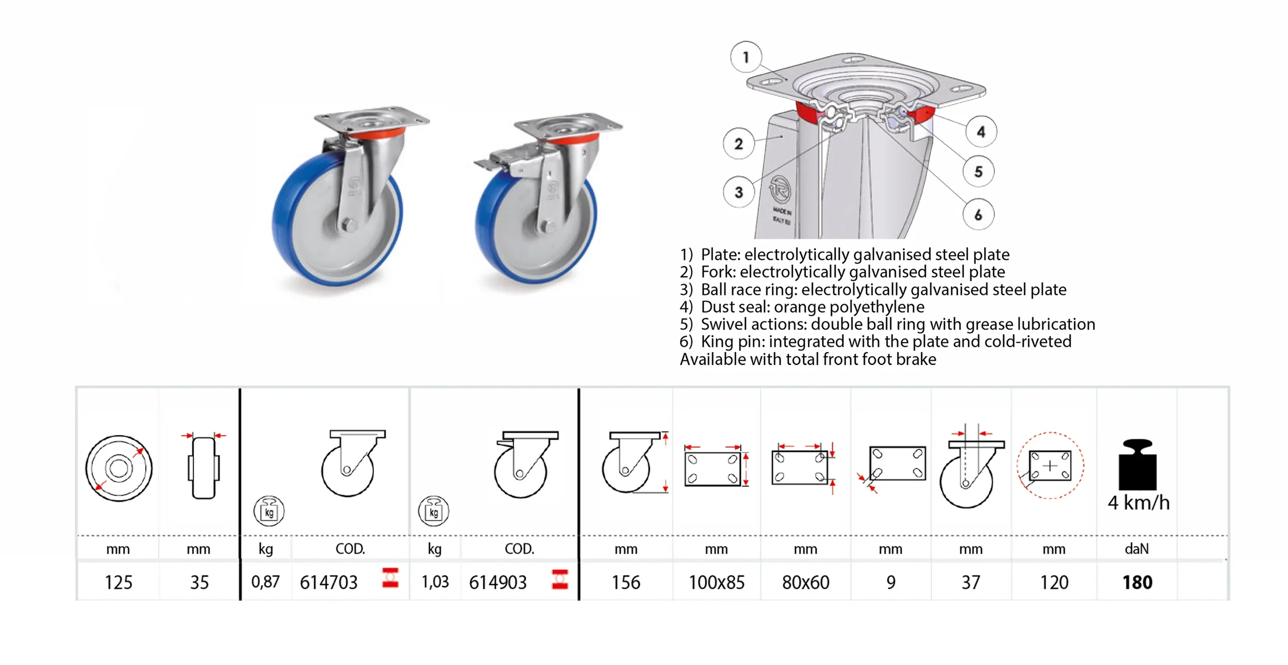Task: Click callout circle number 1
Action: click(x=745, y=57)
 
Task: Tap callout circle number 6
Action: click(x=978, y=214)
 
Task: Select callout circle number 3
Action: click(x=739, y=192)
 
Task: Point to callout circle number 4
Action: click(x=981, y=132)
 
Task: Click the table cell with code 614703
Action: click(x=329, y=583)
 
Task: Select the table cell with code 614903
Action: click(x=498, y=583)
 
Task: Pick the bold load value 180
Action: click(x=1137, y=583)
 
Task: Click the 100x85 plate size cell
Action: click(x=717, y=583)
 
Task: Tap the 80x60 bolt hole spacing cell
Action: click(x=805, y=583)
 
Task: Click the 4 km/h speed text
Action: click(x=1139, y=503)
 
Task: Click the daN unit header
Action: click(x=1137, y=549)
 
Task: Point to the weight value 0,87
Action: click(x=265, y=582)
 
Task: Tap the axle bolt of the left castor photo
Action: click(x=349, y=225)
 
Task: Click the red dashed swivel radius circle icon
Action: click(x=1050, y=465)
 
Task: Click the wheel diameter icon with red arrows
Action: click(x=118, y=468)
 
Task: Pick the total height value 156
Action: click(x=625, y=583)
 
